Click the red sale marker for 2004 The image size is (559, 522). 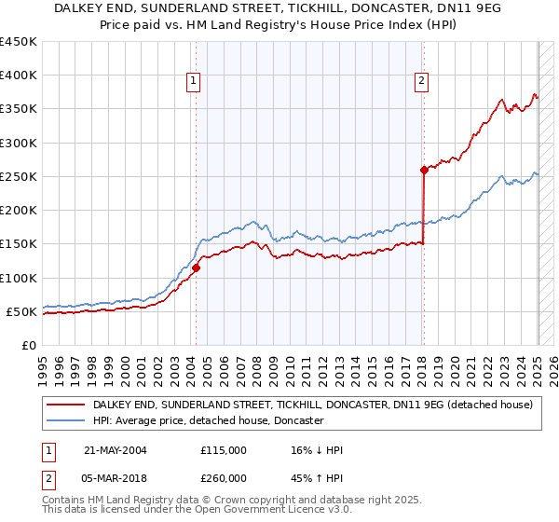[196, 268]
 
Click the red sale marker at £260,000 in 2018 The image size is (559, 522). [424, 170]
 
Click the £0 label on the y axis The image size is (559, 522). [29, 345]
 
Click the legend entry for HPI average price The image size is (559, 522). [208, 421]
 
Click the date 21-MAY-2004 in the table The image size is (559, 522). [115, 450]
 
